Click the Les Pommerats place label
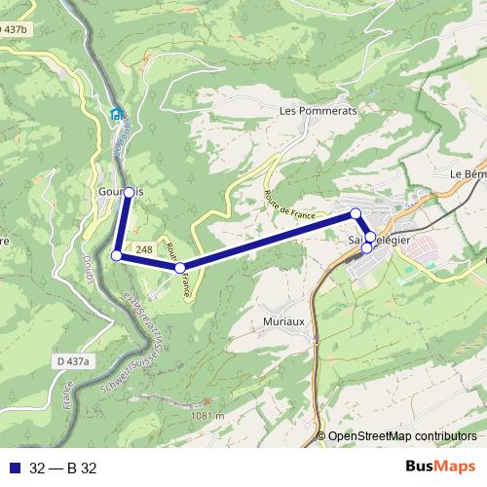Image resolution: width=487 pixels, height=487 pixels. (x=318, y=112)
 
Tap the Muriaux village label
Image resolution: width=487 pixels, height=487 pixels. (x=285, y=320)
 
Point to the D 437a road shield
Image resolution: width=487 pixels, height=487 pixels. (x=73, y=361)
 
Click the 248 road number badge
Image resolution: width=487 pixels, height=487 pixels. (x=144, y=250)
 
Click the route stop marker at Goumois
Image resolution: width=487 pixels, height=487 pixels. (x=129, y=192)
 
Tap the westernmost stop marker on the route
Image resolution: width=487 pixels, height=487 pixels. (x=117, y=255)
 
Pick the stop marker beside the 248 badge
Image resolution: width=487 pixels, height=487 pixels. (x=180, y=267)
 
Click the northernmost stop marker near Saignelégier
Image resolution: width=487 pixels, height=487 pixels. (x=356, y=213)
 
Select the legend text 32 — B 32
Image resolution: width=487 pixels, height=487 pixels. (x=63, y=467)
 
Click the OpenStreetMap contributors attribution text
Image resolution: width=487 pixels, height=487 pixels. (x=401, y=436)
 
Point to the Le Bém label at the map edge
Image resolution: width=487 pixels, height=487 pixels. (x=468, y=173)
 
